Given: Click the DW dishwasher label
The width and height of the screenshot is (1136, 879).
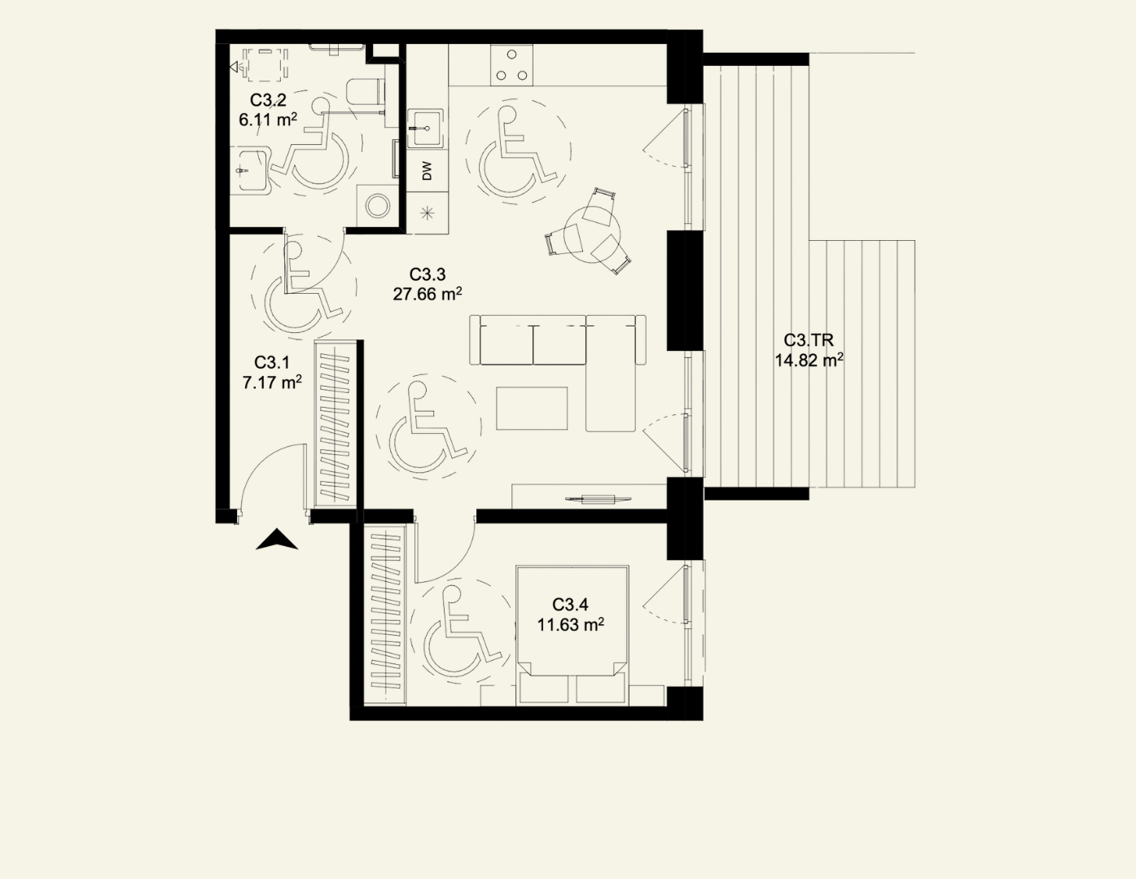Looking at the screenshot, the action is pyautogui.click(x=428, y=171).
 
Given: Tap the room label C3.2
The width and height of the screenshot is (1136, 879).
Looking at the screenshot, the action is pyautogui.click(x=268, y=100).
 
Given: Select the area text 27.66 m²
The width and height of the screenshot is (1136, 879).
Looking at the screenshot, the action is pyautogui.click(x=427, y=294).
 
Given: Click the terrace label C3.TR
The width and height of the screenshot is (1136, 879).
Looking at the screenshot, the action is pyautogui.click(x=808, y=340).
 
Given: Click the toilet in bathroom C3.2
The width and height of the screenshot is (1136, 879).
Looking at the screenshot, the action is pyautogui.click(x=366, y=91).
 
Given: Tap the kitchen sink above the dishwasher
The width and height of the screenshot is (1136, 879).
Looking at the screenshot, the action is pyautogui.click(x=426, y=128).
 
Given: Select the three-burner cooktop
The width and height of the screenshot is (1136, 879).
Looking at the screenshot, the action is pyautogui.click(x=511, y=65).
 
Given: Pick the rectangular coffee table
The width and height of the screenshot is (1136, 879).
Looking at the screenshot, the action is pyautogui.click(x=532, y=409).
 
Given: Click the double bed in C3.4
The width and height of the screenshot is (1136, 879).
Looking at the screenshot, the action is pyautogui.click(x=572, y=635).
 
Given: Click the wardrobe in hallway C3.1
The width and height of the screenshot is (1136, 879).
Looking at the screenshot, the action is pyautogui.click(x=336, y=423).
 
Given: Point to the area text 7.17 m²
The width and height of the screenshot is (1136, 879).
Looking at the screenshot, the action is pyautogui.click(x=272, y=383).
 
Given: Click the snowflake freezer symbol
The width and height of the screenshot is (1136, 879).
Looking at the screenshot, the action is pyautogui.click(x=427, y=212).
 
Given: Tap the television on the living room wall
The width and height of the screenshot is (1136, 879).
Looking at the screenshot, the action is pyautogui.click(x=598, y=499).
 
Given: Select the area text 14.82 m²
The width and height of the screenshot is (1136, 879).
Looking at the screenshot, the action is pyautogui.click(x=809, y=360).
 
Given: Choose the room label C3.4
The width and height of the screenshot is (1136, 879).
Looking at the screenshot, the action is pyautogui.click(x=570, y=604).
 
